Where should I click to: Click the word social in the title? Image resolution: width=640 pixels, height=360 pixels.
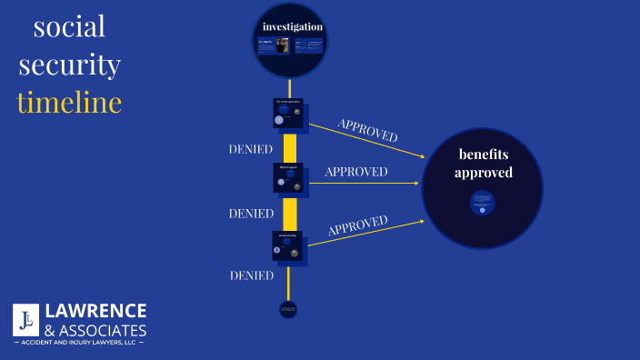[69, 27]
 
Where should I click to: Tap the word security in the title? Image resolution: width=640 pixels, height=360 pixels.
[69, 65]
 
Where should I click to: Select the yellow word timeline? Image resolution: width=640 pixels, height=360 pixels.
[69, 102]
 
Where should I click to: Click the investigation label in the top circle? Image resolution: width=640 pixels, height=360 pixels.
[292, 26]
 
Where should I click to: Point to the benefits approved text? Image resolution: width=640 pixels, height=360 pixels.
[484, 163]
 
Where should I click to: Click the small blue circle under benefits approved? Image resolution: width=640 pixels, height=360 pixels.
[482, 202]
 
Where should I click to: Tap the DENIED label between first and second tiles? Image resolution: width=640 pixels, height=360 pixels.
[251, 148]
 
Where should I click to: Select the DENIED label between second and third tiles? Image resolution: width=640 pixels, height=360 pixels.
[251, 214]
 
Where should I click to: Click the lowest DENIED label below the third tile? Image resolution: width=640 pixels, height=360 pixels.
[251, 275]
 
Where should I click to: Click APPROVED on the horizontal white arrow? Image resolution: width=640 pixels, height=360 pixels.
[356, 172]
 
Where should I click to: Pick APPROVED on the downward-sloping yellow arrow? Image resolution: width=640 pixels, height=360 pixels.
[367, 129]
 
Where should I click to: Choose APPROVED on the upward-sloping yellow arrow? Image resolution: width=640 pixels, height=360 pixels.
[358, 225]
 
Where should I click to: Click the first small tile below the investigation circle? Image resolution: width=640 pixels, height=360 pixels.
[288, 113]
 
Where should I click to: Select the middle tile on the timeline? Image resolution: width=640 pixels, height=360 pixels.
[288, 177]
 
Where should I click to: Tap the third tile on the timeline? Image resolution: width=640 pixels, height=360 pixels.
[287, 245]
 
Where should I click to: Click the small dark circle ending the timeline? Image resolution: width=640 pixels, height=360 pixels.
[288, 310]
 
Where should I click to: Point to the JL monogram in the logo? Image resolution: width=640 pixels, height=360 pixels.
[25, 319]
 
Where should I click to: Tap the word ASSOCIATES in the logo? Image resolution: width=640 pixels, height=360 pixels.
[102, 328]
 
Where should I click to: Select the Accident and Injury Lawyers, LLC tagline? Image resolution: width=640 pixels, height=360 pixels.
[79, 343]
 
